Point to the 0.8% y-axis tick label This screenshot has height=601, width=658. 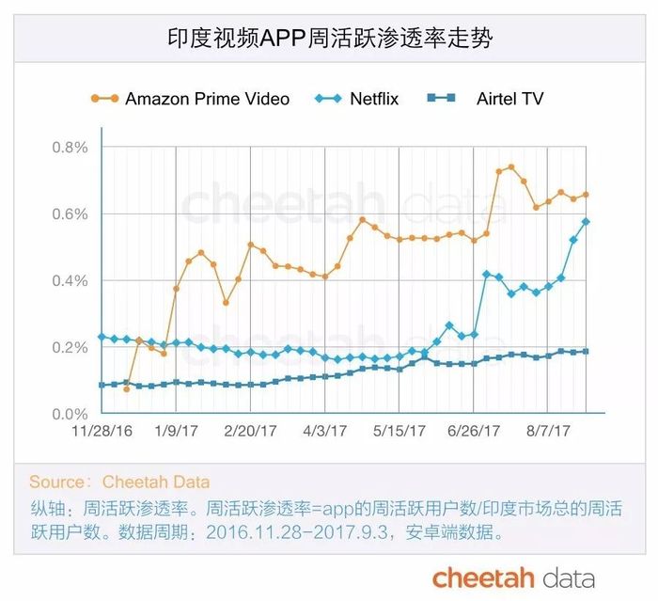pyautogui.click(x=70, y=148)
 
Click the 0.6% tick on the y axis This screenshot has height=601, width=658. pyautogui.click(x=70, y=214)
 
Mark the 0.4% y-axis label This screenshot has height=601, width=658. pyautogui.click(x=70, y=281)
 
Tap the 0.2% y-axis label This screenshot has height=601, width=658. pyautogui.click(x=70, y=348)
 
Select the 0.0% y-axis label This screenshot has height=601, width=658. pyautogui.click(x=70, y=415)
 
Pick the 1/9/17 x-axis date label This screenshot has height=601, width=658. pyautogui.click(x=176, y=432)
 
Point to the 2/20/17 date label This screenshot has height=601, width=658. pyautogui.click(x=251, y=432)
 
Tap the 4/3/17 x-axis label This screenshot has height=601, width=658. pyautogui.click(x=325, y=432)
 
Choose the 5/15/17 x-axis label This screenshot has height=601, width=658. pyautogui.click(x=399, y=432)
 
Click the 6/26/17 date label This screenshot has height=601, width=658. pyautogui.click(x=475, y=432)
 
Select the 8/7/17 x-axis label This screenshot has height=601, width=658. pyautogui.click(x=549, y=432)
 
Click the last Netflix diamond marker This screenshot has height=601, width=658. pyautogui.click(x=586, y=222)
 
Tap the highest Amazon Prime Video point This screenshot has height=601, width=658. pyautogui.click(x=511, y=167)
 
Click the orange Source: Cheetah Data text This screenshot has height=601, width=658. pyautogui.click(x=119, y=482)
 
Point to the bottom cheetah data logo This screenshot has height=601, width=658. pyautogui.click(x=513, y=577)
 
